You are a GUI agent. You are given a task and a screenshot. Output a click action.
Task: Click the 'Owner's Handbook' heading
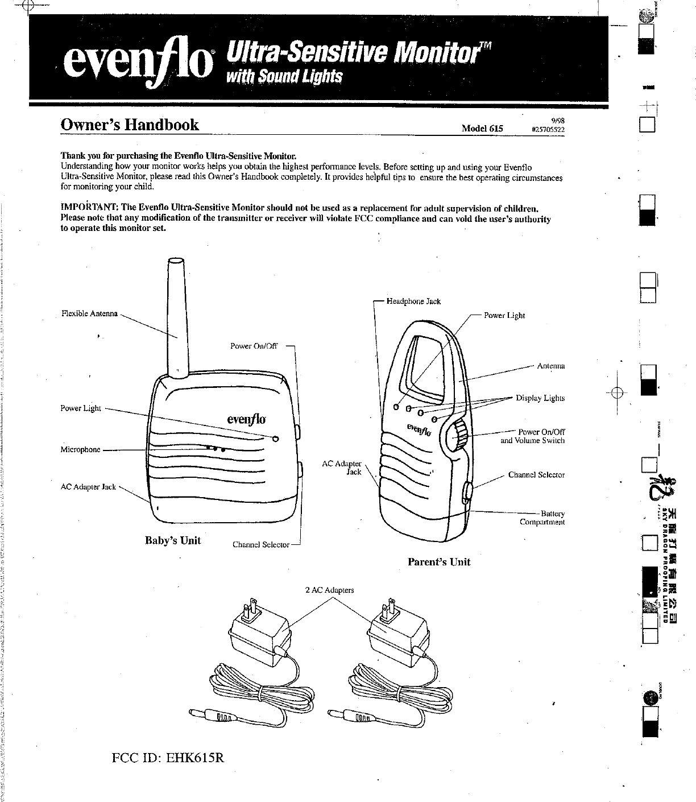(x=130, y=125)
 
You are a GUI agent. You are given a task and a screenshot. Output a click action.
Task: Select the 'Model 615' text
(x=482, y=129)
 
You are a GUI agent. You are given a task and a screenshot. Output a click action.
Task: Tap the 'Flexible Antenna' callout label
(x=89, y=314)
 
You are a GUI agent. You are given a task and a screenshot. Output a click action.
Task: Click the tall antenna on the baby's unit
(x=176, y=319)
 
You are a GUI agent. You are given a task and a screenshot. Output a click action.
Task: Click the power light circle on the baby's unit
(x=276, y=439)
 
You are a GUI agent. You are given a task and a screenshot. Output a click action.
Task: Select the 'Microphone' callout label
(x=80, y=449)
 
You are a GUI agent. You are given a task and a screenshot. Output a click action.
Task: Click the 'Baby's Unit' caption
(x=173, y=540)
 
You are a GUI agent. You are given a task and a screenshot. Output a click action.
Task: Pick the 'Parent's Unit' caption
(x=439, y=562)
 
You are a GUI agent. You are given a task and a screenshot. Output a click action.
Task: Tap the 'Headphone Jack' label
(x=413, y=301)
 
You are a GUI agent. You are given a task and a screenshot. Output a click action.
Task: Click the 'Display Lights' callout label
(x=540, y=398)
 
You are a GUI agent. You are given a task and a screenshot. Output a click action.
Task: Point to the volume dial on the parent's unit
(x=458, y=437)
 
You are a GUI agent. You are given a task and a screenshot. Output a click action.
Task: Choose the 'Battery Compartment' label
(x=542, y=518)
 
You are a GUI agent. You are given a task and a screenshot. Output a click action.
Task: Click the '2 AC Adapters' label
(x=329, y=590)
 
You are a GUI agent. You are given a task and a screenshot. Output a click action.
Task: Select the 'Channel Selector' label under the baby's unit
(x=261, y=545)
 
